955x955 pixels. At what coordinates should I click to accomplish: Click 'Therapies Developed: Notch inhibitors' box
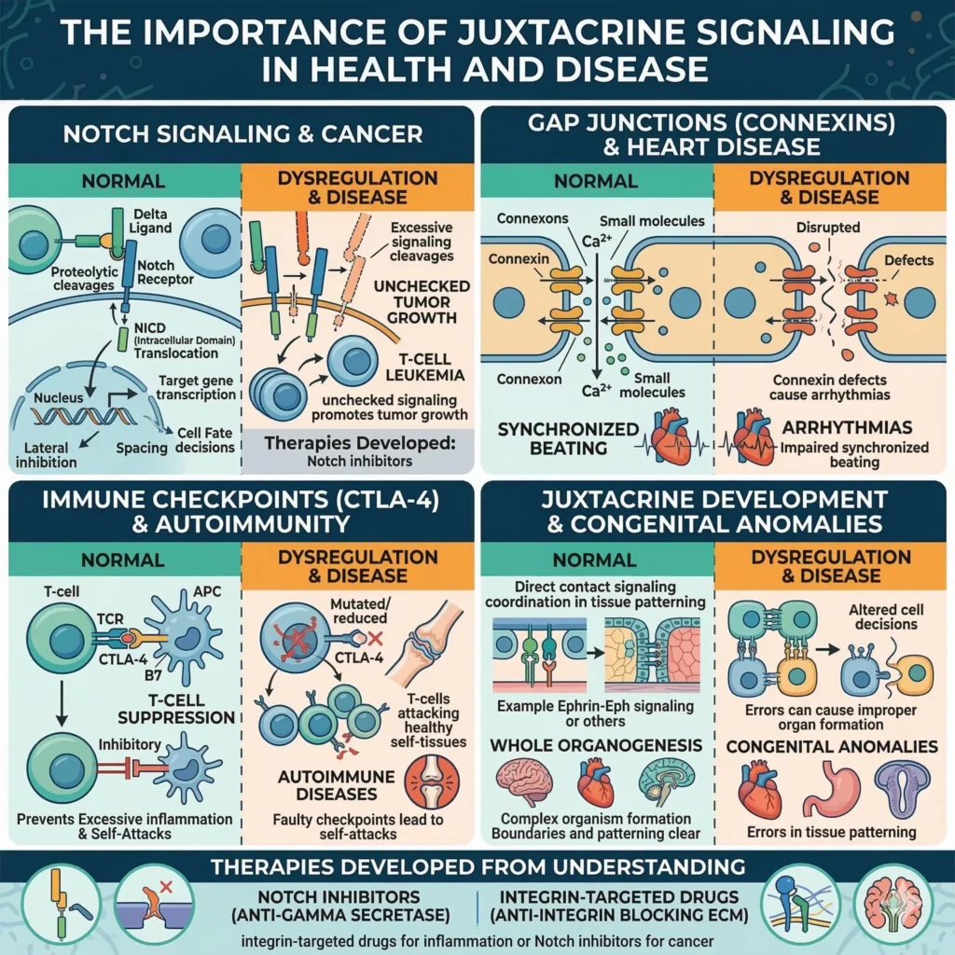click(359, 450)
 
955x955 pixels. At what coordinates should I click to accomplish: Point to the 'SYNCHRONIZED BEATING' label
click(568, 438)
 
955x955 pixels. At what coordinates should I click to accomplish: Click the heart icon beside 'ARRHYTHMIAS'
click(754, 436)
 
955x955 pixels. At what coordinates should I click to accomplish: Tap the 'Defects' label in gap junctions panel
click(907, 260)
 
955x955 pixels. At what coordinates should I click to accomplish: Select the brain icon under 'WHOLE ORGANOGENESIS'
click(523, 782)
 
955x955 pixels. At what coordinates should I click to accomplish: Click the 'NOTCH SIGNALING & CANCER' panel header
click(242, 133)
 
